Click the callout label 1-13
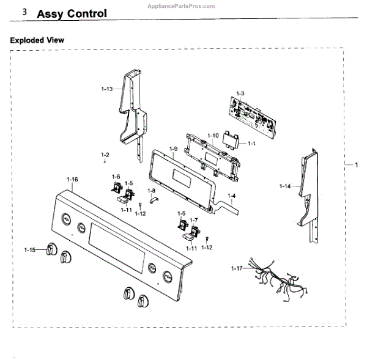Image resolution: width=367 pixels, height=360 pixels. tap(106, 89)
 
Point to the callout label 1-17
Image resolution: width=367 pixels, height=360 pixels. tap(237, 268)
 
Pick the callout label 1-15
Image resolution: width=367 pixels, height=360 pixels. tap(30, 249)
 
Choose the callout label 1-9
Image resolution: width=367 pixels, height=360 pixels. tap(173, 149)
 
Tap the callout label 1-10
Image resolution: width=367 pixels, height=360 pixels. tap(213, 135)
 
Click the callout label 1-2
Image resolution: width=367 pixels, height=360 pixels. tap(105, 155)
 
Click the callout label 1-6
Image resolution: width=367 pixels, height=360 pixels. tap(115, 177)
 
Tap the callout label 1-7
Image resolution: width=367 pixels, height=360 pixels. tap(194, 219)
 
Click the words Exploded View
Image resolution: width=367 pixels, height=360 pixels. tap(37, 40)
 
